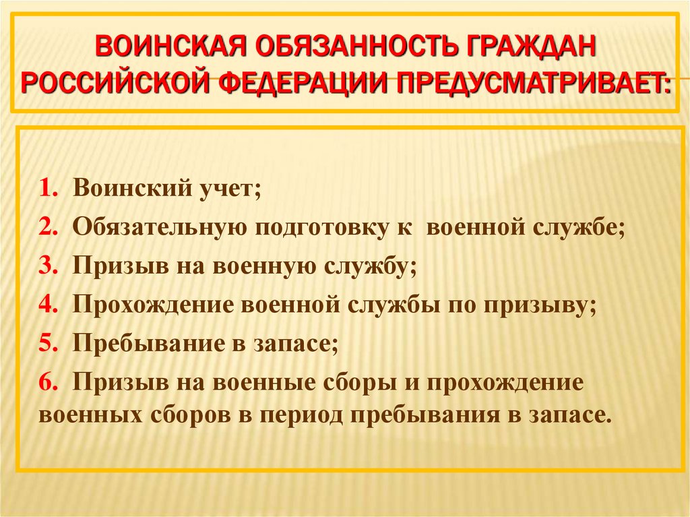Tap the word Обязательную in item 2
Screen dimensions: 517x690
tap(158, 227)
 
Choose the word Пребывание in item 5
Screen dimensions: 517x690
tap(152, 343)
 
